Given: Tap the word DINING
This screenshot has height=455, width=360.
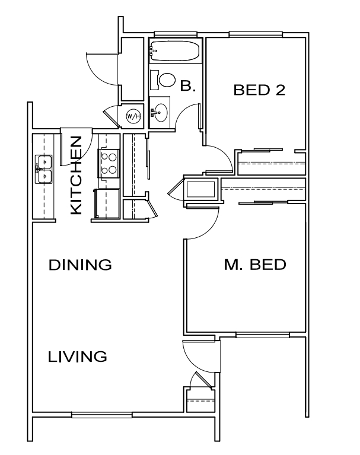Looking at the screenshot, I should [80, 265].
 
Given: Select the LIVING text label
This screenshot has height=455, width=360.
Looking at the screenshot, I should [78, 357].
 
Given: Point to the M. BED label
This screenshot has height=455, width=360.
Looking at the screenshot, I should [255, 265].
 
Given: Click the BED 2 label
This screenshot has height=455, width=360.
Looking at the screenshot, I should [260, 90].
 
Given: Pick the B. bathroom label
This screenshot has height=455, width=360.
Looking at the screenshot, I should [187, 87].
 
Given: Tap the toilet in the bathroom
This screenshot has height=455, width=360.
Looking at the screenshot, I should [164, 79].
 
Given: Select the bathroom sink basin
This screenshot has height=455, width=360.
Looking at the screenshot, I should [160, 110].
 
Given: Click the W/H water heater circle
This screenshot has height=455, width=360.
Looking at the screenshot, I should [133, 116].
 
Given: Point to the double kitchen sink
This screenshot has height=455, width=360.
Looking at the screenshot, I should [44, 168].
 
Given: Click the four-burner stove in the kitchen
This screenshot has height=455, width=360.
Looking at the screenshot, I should [109, 164].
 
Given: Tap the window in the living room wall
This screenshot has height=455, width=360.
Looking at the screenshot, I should [101, 415].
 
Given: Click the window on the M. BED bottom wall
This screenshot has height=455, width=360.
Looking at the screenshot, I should [254, 335].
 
